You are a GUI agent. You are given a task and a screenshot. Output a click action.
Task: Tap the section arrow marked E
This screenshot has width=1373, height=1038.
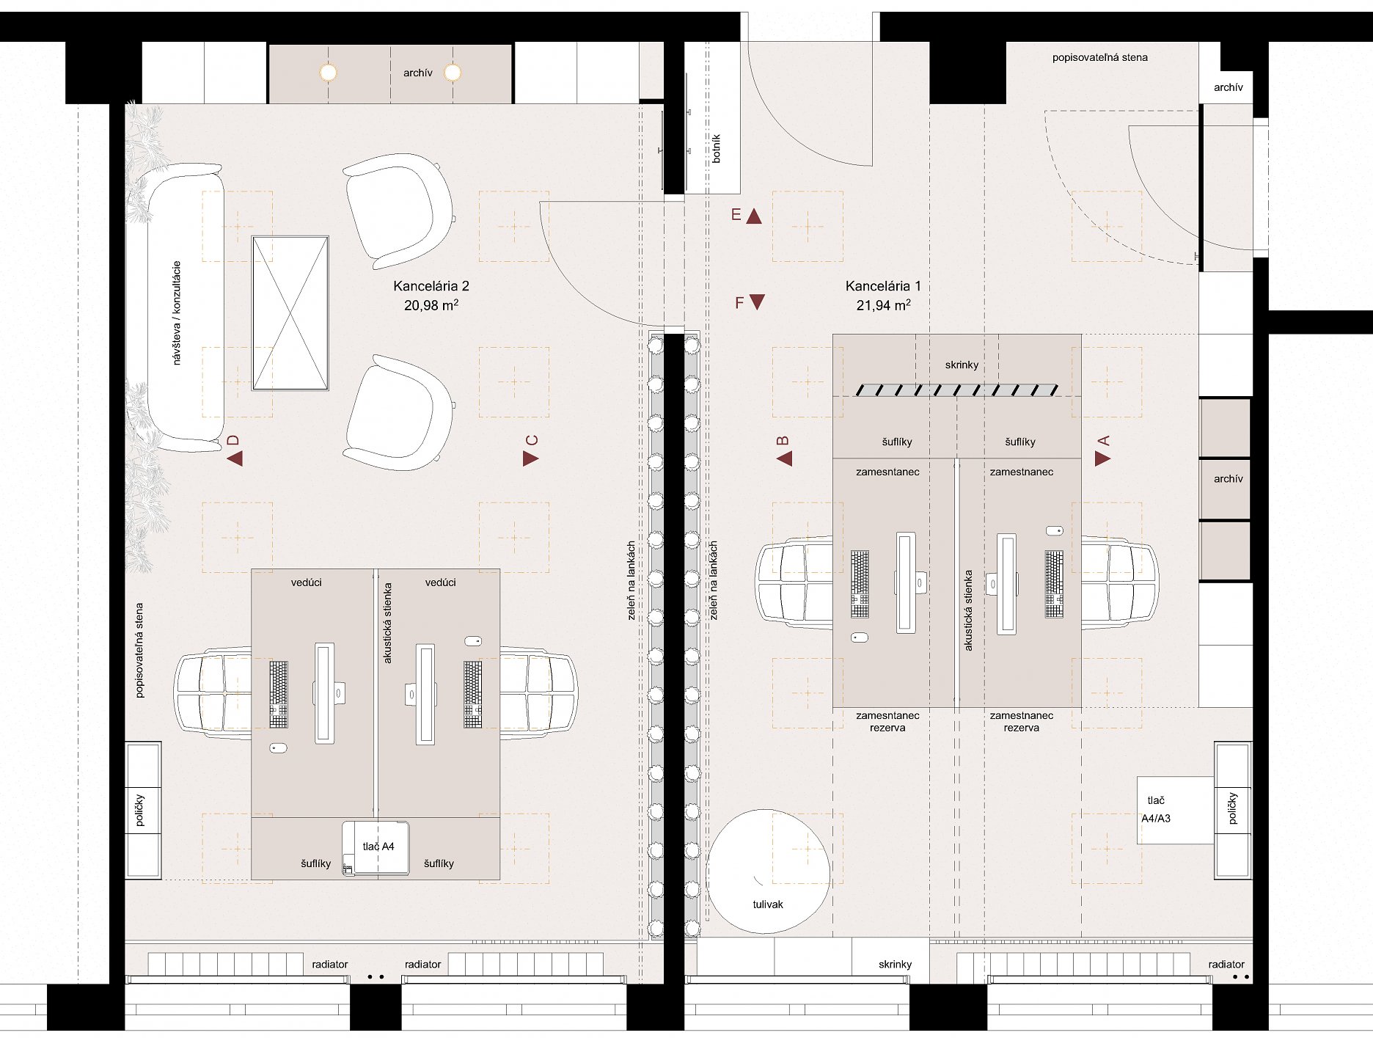point(754,216)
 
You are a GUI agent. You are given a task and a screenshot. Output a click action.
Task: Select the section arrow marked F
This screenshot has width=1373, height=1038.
point(758,301)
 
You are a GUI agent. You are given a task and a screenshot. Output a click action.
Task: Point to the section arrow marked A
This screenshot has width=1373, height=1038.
point(1102,458)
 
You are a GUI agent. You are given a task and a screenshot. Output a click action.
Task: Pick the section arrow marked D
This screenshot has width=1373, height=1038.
point(235,458)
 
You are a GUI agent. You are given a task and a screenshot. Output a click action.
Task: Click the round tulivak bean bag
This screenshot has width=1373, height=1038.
point(769,871)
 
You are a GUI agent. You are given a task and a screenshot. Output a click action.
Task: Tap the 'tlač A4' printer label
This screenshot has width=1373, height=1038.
point(378,847)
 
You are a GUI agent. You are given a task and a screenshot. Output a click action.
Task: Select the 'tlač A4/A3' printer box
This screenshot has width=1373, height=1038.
point(1176,810)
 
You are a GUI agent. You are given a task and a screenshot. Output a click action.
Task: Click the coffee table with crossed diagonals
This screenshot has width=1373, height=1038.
point(290,313)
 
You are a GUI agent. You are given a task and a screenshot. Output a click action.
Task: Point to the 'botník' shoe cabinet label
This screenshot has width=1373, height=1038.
point(717,148)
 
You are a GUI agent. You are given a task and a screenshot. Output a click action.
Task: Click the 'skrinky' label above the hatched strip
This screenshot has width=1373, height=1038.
point(962,365)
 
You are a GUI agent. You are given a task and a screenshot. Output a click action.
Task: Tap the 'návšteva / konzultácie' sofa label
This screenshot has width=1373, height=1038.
point(176,313)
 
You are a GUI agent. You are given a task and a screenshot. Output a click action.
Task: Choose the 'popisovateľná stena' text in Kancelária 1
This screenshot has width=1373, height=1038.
point(1099,57)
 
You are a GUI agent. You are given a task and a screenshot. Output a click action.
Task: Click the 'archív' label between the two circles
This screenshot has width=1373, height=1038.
point(418,73)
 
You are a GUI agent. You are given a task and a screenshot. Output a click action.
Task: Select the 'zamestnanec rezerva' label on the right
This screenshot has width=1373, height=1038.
point(1022,721)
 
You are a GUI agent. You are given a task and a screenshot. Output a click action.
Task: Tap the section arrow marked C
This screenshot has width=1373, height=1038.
point(530,458)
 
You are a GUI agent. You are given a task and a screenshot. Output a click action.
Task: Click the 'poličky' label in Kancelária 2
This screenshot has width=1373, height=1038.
point(140,810)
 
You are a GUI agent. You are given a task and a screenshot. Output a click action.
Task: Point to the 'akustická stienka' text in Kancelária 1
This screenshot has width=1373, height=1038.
point(968,610)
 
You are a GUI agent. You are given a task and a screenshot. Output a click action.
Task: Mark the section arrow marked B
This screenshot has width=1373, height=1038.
point(785,458)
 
